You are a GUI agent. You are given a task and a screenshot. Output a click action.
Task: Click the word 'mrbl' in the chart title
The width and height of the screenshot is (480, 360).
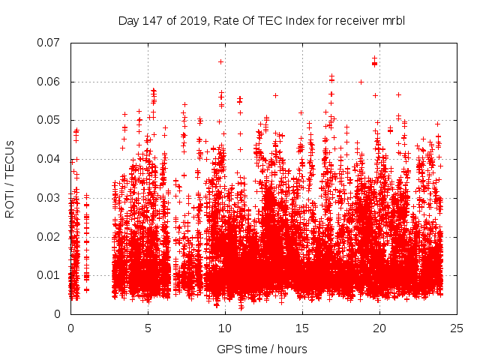[393, 20]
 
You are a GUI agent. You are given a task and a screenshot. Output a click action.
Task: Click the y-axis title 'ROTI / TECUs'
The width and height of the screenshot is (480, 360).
[10, 178]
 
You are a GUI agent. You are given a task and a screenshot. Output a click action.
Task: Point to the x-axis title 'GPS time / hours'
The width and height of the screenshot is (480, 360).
[262, 349]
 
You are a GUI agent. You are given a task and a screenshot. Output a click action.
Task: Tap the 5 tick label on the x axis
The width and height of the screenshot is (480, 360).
[148, 328]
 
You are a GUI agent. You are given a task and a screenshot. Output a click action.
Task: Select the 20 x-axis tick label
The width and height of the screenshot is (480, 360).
[380, 328]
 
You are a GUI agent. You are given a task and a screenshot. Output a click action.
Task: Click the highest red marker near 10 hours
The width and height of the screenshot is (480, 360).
[220, 61]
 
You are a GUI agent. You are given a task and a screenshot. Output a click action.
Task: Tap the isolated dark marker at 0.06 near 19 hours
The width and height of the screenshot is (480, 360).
[361, 82]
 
